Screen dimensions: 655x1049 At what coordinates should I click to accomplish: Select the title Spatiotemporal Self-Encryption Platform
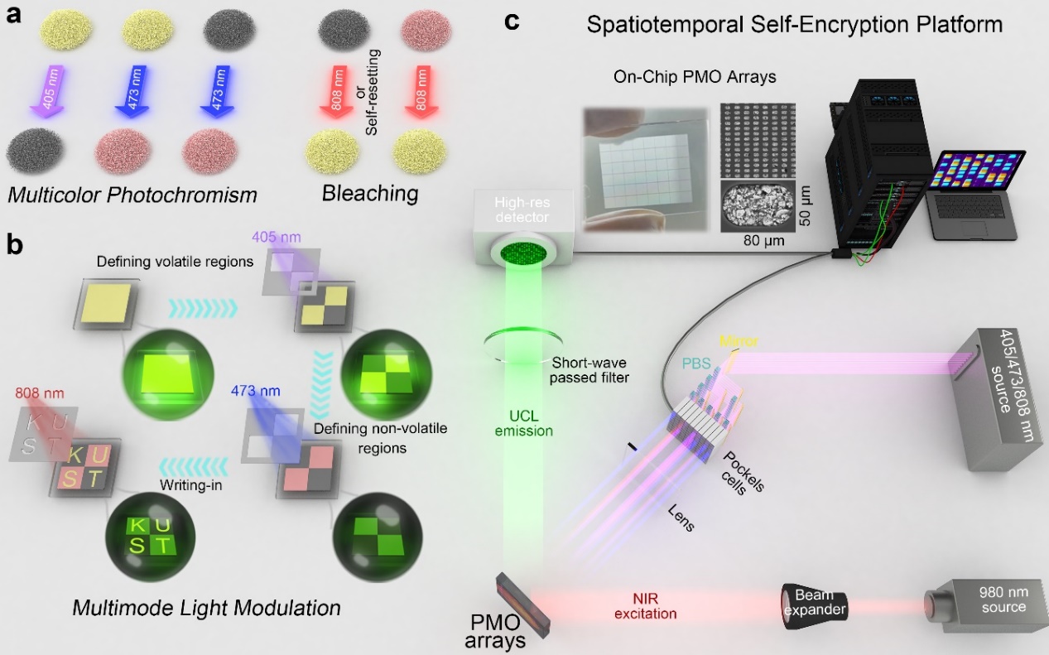[794, 24]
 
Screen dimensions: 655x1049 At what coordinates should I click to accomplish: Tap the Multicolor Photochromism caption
[132, 195]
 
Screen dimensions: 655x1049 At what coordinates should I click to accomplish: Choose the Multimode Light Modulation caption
[206, 607]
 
